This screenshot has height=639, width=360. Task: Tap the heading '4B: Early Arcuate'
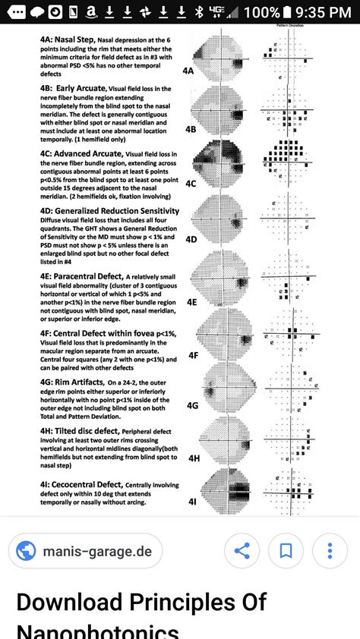(x=74, y=89)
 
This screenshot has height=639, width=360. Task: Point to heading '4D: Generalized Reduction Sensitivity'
(x=110, y=210)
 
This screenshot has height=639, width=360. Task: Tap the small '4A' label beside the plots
(x=189, y=70)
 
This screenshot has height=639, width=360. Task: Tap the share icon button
(x=242, y=550)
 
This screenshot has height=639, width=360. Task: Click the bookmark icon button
(x=286, y=550)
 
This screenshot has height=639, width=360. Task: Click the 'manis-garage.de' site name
(x=96, y=551)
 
